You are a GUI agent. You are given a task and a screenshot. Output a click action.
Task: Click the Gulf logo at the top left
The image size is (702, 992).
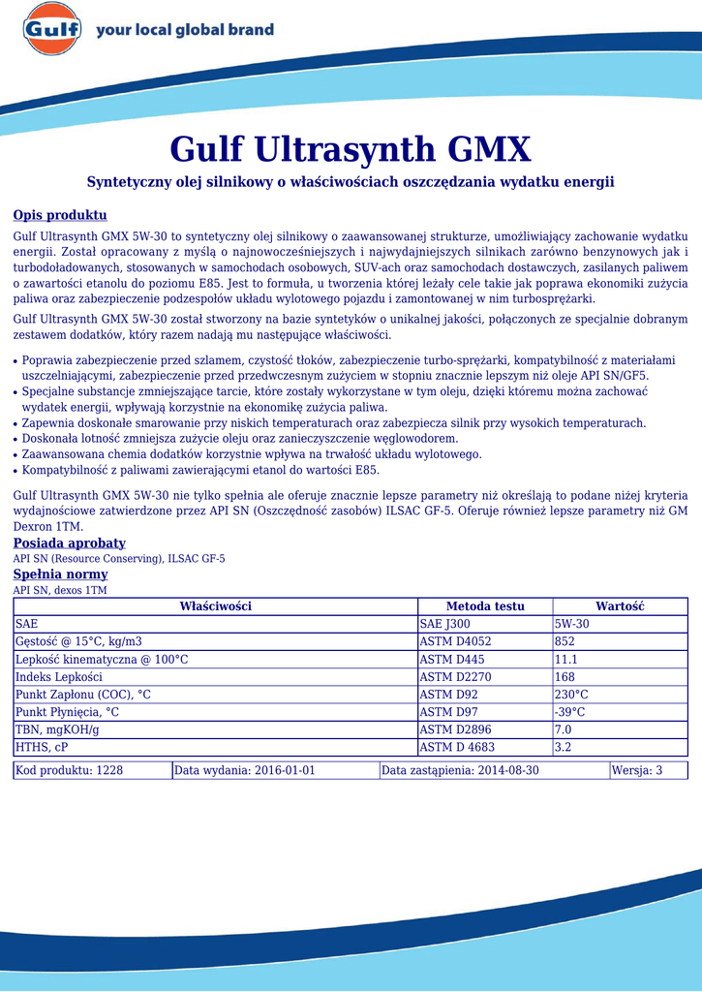(51, 31)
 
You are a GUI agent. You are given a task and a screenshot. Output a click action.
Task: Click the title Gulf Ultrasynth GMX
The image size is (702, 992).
(351, 149)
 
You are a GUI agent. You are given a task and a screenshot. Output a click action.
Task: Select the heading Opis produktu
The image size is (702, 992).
(59, 215)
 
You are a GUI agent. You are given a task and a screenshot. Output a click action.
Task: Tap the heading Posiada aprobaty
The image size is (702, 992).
(69, 543)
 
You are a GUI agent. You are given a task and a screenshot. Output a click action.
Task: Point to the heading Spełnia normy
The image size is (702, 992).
(60, 574)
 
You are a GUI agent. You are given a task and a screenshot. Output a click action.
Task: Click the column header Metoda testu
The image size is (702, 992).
(485, 606)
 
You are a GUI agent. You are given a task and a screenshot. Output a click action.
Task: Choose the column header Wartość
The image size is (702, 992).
(620, 606)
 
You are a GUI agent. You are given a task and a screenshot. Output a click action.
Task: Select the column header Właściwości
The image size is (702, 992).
(215, 606)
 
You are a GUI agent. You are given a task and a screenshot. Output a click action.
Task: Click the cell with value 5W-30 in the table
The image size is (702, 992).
(571, 624)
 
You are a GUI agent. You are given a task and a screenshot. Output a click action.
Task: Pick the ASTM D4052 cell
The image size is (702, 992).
(455, 641)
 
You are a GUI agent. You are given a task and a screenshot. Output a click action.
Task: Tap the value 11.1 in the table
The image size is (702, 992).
(565, 659)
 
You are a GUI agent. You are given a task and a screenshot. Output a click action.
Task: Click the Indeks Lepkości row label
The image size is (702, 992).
(59, 677)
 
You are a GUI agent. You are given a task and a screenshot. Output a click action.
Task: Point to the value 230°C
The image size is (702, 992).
(571, 695)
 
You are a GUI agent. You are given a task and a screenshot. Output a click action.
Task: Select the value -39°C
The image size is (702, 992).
(569, 712)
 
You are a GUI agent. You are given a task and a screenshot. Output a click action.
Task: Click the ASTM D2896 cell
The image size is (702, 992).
(455, 729)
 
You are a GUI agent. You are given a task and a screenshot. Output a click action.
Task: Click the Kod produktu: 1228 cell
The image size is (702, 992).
(69, 770)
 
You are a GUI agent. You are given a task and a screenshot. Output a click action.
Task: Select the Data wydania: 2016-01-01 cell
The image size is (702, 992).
(245, 770)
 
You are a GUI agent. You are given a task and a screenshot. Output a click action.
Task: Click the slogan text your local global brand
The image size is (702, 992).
(185, 31)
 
